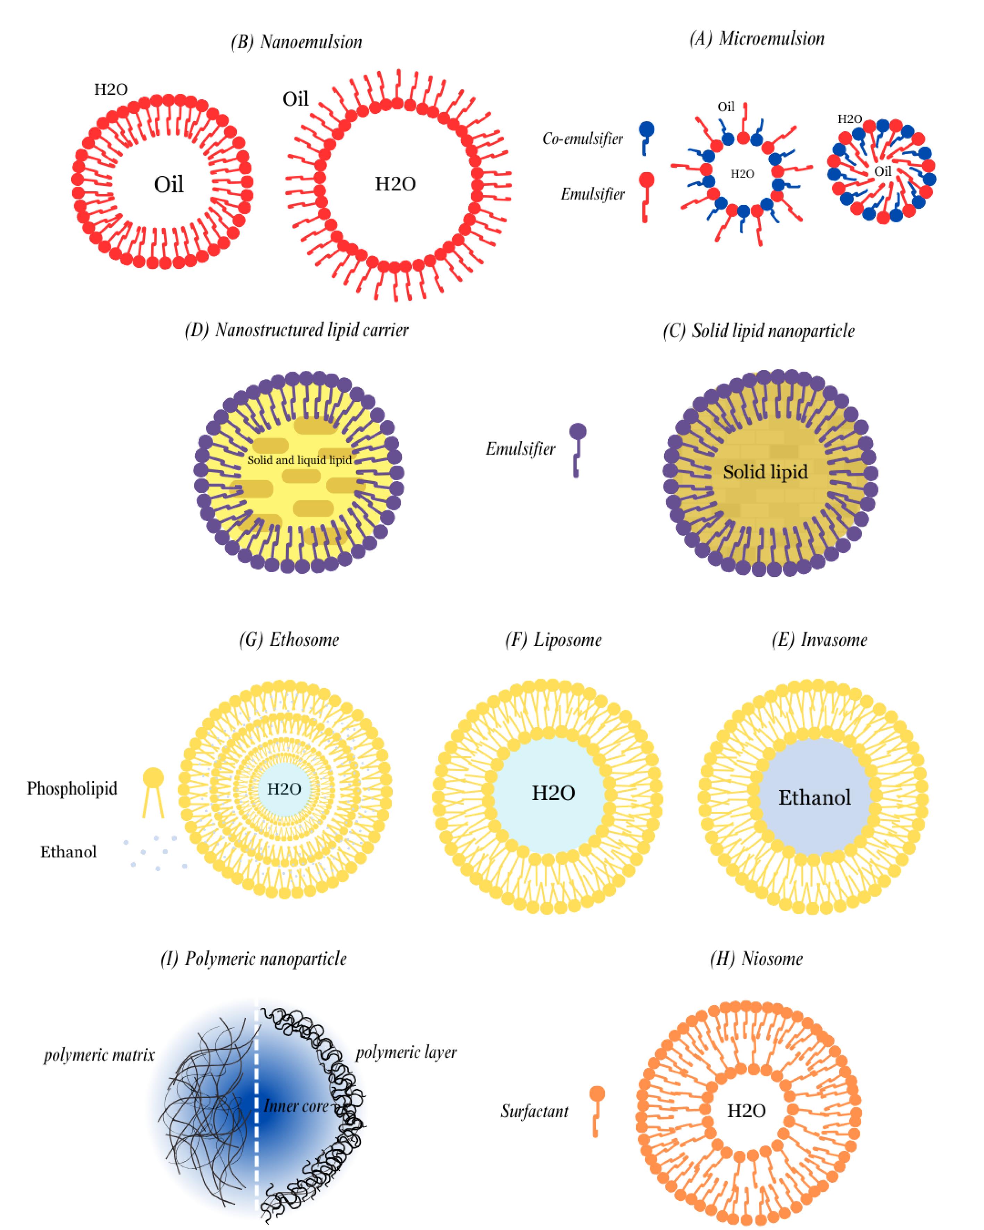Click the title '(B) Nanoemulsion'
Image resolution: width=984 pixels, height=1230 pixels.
296,43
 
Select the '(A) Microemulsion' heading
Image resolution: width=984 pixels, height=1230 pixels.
756,39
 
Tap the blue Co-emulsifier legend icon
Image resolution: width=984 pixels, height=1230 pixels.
646,137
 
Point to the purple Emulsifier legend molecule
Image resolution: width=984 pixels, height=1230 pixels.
577,449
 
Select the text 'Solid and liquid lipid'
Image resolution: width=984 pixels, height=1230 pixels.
299,460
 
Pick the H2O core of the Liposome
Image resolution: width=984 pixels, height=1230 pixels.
553,793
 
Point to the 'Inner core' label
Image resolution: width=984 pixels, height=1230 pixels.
295,1106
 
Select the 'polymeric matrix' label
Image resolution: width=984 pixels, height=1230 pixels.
99,1055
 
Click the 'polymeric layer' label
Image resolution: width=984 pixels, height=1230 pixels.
406,1052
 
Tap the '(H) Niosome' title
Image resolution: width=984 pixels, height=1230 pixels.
756,959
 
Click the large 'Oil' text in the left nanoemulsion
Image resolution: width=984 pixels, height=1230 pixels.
168,185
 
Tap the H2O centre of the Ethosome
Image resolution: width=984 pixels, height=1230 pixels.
284,789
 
